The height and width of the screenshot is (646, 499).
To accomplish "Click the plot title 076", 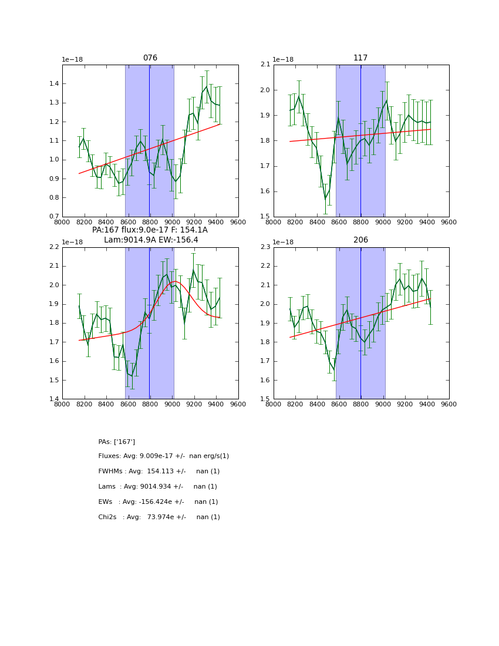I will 150,58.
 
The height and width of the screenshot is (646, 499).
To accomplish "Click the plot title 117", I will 360,58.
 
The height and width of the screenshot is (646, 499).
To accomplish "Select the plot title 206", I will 360,240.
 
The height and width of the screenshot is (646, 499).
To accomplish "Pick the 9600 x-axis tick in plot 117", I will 449,223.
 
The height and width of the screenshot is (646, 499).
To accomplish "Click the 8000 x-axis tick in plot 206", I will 274,405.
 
